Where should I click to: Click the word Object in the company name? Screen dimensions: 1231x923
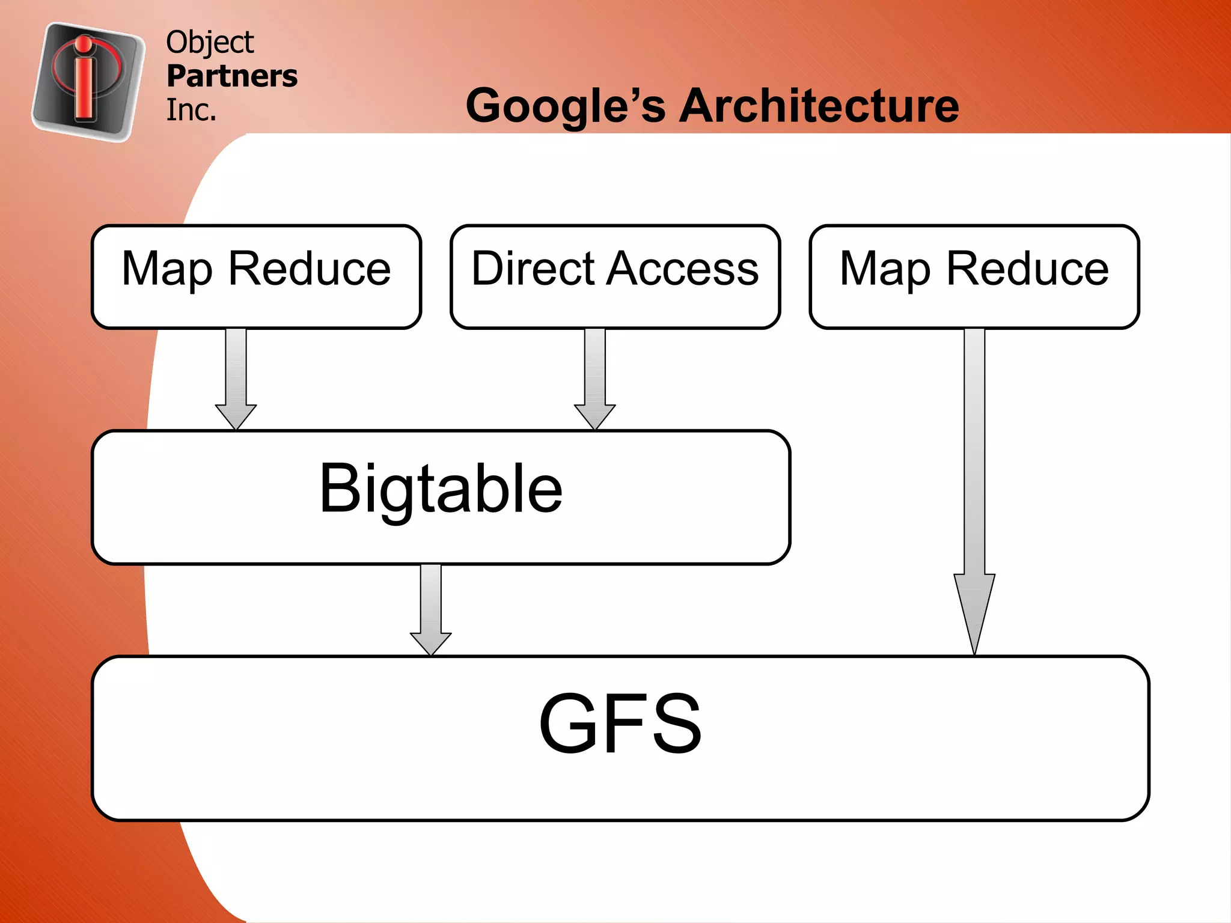point(210,43)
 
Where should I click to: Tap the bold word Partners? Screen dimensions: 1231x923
point(232,76)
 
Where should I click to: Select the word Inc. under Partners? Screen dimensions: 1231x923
point(191,110)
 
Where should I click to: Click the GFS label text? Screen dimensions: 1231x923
point(620,723)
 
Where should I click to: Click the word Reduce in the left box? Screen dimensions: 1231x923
point(310,269)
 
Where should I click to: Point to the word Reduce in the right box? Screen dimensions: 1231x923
point(1028,269)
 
